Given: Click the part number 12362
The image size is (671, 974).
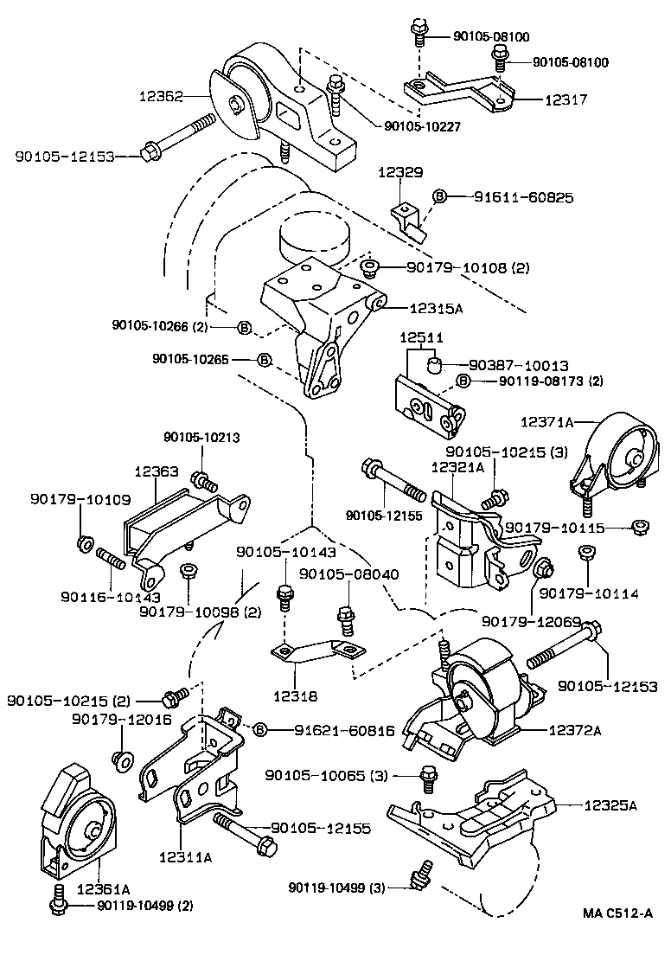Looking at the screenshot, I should (x=160, y=99).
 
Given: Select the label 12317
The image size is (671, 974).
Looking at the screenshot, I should (x=566, y=100).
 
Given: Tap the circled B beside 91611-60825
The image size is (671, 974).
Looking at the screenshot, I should (x=438, y=197).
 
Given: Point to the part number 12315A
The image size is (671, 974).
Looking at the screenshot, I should (x=438, y=307).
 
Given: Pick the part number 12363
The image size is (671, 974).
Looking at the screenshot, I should (x=156, y=472).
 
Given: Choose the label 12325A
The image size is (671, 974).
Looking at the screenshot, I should (x=610, y=805).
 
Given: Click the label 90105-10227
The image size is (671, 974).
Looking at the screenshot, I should (x=422, y=126).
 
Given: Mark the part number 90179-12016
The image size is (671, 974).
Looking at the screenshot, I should (x=121, y=720).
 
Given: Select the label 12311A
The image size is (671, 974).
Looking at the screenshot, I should (x=185, y=857).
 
